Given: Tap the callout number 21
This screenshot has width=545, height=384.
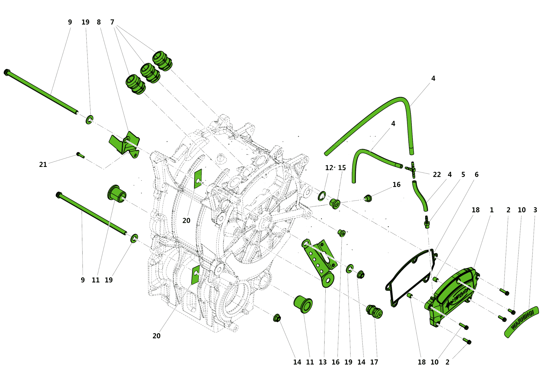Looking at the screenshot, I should pyautogui.click(x=43, y=164).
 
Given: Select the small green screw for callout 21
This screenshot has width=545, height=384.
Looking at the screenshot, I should pyautogui.click(x=80, y=156).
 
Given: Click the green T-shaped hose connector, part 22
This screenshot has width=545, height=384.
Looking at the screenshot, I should pyautogui.click(x=413, y=170).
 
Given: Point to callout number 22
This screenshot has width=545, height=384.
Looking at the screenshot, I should pyautogui.click(x=437, y=175).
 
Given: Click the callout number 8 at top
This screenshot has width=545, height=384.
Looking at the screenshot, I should pyautogui.click(x=99, y=22).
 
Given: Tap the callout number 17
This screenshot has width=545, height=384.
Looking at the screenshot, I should pyautogui.click(x=374, y=362).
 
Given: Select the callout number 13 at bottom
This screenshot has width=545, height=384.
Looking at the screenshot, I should pyautogui.click(x=323, y=362).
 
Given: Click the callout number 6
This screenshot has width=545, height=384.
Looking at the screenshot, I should pyautogui.click(x=476, y=175).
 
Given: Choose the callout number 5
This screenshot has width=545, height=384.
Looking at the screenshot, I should pyautogui.click(x=463, y=175).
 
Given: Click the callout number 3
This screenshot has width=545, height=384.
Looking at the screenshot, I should pyautogui.click(x=535, y=210).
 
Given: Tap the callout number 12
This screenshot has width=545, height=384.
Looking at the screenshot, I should pyautogui.click(x=329, y=168).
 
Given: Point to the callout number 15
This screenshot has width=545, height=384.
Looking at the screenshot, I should pyautogui.click(x=342, y=168).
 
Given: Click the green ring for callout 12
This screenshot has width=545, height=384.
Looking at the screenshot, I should pyautogui.click(x=322, y=196).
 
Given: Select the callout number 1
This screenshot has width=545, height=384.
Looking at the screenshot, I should pyautogui.click(x=492, y=210).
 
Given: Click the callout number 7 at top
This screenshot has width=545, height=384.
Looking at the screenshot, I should pyautogui.click(x=112, y=22).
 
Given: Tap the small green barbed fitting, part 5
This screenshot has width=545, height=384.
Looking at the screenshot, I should pyautogui.click(x=427, y=222).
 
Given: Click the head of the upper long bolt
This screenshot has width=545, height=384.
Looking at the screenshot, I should pyautogui.click(x=7, y=72).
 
